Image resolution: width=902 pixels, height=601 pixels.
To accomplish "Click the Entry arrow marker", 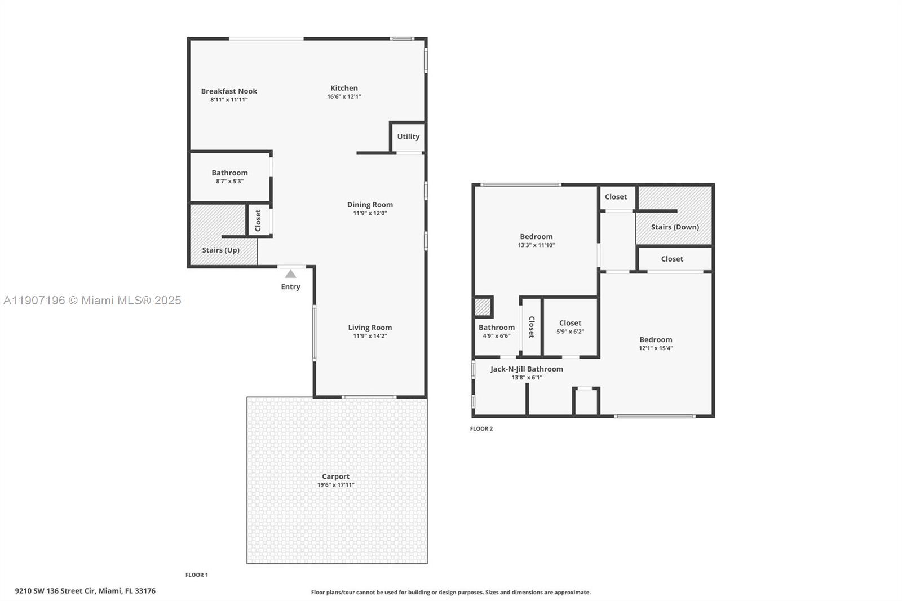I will [x=290, y=274].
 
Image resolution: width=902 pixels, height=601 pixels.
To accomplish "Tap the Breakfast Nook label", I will [x=229, y=91].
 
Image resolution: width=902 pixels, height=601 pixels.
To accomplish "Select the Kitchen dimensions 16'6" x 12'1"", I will [x=344, y=97].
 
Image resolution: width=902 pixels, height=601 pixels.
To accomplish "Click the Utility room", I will [x=408, y=137].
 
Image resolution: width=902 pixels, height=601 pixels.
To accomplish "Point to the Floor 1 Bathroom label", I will [x=229, y=173].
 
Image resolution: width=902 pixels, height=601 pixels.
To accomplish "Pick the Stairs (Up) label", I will [x=221, y=250].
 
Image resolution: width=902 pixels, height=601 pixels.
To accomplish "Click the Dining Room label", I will [x=370, y=205].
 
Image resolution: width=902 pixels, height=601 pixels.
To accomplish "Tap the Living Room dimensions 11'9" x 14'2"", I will [x=370, y=336].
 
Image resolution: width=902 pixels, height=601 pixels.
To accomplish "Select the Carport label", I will [x=335, y=476].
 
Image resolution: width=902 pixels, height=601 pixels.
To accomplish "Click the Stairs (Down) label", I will [x=675, y=227].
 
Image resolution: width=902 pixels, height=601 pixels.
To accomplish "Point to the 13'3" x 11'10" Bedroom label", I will [x=536, y=237].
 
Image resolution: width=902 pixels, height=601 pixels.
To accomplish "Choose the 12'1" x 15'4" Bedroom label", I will [x=656, y=340].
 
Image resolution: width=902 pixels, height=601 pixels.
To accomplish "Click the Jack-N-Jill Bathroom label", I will [x=527, y=369].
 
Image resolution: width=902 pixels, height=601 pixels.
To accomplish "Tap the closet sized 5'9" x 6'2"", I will [x=570, y=327].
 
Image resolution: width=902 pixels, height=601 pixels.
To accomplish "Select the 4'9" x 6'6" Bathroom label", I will [x=497, y=328].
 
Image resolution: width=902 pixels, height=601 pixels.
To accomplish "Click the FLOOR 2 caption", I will [x=481, y=429].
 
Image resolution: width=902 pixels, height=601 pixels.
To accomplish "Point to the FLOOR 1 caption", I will [x=197, y=575].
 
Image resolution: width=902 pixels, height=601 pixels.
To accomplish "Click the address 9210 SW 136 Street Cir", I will [x=85, y=591].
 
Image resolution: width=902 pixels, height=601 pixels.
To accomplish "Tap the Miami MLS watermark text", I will [x=92, y=300].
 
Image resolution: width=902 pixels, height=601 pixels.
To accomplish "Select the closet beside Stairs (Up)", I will [x=258, y=220].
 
